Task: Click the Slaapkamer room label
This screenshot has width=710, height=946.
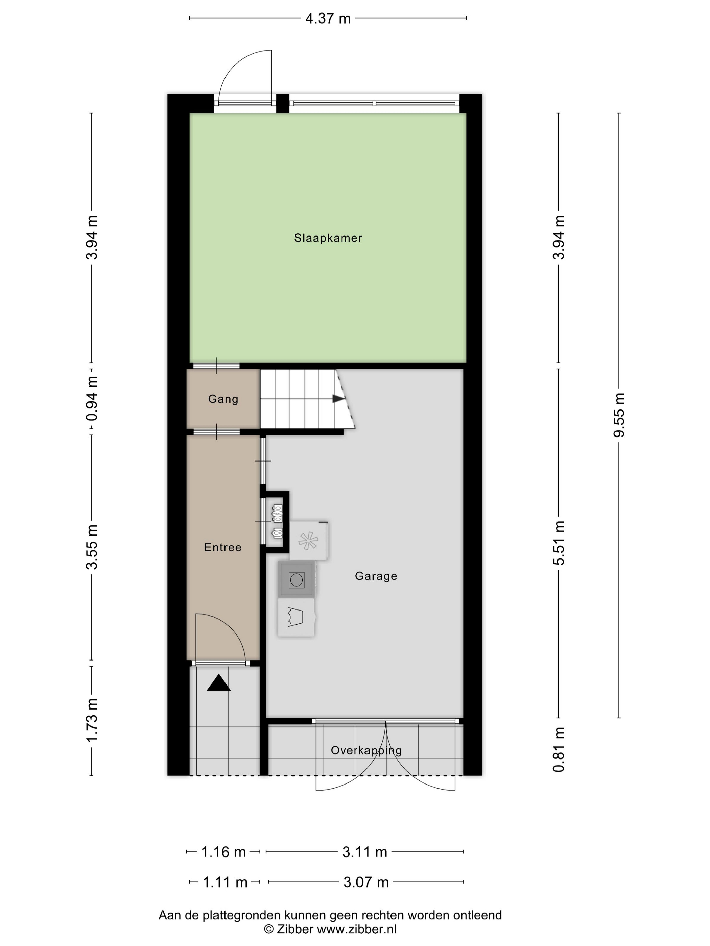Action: pos(328,238)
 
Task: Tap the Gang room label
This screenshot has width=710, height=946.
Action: pos(223,399)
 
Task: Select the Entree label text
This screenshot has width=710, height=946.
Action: pos(222,547)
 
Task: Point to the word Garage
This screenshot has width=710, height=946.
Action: pos(376,576)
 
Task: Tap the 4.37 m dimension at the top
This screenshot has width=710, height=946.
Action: pos(328,18)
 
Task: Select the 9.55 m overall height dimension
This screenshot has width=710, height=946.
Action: pos(619,415)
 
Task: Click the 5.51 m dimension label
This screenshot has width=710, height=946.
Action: pos(559,543)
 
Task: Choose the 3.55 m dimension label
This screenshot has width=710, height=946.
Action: pos(92,547)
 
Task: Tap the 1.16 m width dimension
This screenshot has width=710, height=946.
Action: pos(223,852)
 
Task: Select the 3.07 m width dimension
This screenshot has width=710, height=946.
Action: pos(366,882)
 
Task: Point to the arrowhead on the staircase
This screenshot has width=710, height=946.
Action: pos(338,399)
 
